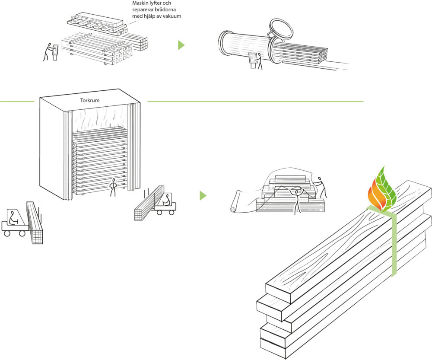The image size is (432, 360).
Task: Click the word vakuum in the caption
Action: (x=171, y=17)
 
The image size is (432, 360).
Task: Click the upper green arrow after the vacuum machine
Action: (x=181, y=45)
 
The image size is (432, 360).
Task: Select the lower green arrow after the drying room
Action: (x=203, y=196)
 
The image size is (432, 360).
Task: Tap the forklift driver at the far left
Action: (x=13, y=217)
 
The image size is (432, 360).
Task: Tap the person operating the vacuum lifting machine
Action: (x=49, y=51)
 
